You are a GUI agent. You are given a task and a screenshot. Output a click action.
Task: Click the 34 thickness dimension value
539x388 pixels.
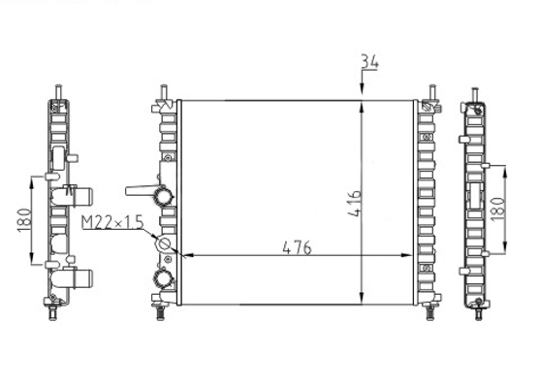pyautogui.click(x=369, y=62)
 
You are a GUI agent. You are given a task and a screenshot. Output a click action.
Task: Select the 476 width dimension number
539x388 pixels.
pyautogui.click(x=297, y=247)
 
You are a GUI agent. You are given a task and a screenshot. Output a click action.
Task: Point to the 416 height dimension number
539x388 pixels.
pyautogui.click(x=355, y=204)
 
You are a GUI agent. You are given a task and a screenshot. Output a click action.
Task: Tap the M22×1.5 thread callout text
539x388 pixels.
pyautogui.click(x=112, y=222)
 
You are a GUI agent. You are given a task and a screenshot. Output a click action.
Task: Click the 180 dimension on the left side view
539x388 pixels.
pyautogui.click(x=24, y=220)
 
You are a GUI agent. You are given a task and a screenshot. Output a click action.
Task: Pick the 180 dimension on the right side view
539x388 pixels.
pyautogui.click(x=497, y=210)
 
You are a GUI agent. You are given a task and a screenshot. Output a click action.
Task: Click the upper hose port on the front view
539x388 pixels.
pyautogui.click(x=163, y=196)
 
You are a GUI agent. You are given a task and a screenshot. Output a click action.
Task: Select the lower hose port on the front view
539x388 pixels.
pyautogui.click(x=162, y=277)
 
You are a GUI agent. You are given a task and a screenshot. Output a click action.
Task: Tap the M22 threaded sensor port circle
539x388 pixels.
pyautogui.click(x=163, y=243)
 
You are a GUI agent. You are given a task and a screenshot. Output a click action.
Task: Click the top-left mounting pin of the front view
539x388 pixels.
pyautogui.click(x=164, y=92)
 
